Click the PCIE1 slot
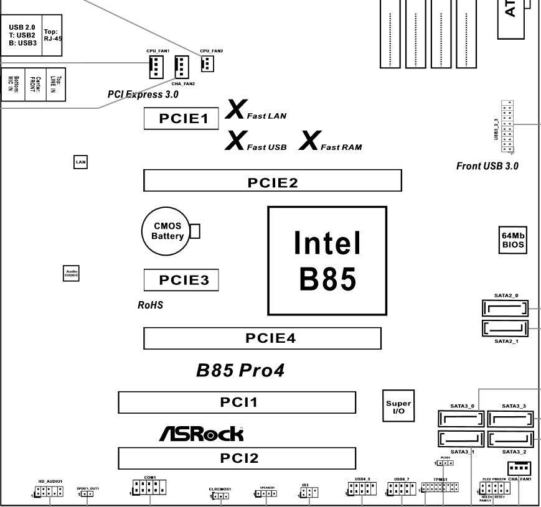pos(181,118)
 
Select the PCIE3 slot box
pos(181,280)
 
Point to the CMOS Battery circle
pos(167,232)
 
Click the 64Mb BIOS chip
pos(514,240)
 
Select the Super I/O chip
pos(398,407)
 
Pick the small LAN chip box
pos(80,162)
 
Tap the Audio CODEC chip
pos(72,273)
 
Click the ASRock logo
pos(201,434)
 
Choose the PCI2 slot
pos(237,458)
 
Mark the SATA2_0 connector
pos(505,308)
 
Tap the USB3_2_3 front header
pos(508,127)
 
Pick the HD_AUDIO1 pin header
pos(49,491)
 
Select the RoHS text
pos(150,305)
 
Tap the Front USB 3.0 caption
pos(487,166)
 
